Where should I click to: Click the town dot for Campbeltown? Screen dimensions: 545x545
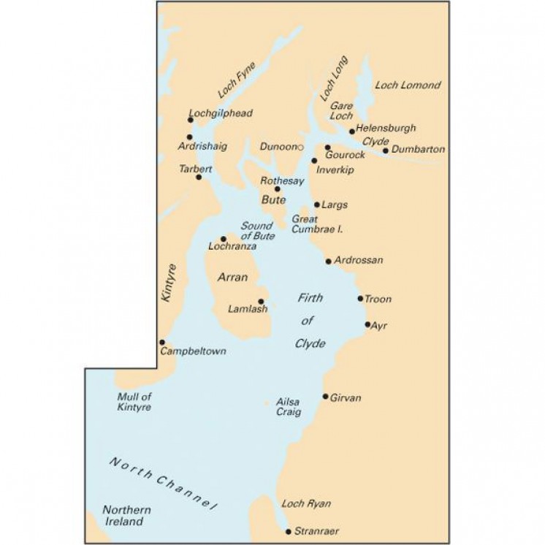(x=162, y=342)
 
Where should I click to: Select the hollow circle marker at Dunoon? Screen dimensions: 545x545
(x=300, y=147)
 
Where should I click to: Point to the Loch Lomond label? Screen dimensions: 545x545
(x=408, y=85)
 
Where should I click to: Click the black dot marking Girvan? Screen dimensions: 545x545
(x=326, y=396)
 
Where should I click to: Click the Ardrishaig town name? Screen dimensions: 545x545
(x=202, y=146)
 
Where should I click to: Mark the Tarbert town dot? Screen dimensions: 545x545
(x=199, y=177)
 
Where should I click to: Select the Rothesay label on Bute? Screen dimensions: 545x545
(x=283, y=181)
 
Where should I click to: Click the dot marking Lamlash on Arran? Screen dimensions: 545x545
(x=261, y=301)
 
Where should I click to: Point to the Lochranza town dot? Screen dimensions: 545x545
(x=224, y=239)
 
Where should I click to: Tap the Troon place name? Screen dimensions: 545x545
(x=378, y=299)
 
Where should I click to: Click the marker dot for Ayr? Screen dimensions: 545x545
(x=367, y=324)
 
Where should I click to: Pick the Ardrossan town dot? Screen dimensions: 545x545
(x=329, y=261)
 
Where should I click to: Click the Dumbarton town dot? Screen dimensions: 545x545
(x=386, y=150)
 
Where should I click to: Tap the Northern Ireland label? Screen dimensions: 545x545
(x=128, y=516)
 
